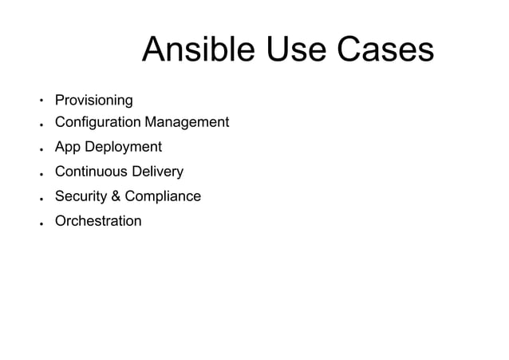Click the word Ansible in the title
tap(195, 51)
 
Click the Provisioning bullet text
tap(93, 101)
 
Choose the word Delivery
tap(158, 172)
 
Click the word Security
tap(79, 196)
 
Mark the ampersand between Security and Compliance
tap(114, 196)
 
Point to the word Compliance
tap(163, 196)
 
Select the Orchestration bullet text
tap(97, 221)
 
